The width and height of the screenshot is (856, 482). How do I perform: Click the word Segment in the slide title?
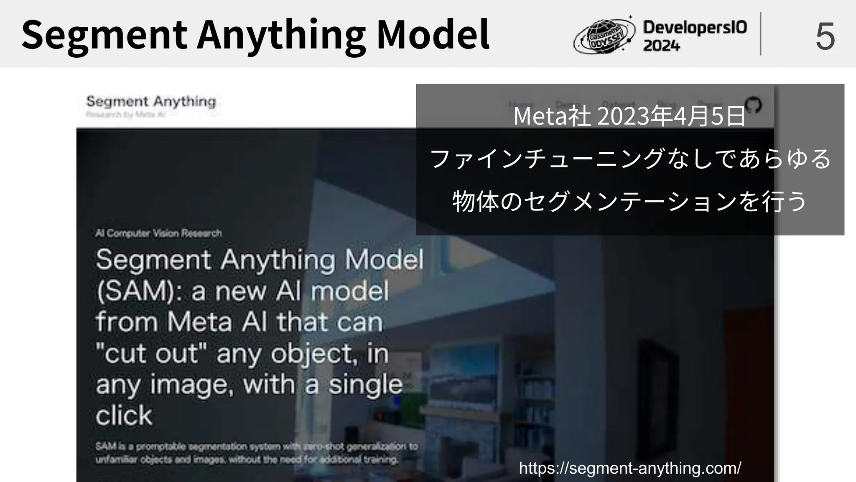coord(104,35)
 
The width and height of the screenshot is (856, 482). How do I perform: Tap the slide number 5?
coord(825,37)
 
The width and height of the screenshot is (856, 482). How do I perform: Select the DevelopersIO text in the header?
coord(695,28)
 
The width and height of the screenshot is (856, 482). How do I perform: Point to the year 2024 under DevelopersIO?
coord(661,46)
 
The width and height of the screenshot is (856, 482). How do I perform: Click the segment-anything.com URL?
coord(630,468)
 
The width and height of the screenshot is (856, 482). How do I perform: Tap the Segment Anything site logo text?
coord(151,101)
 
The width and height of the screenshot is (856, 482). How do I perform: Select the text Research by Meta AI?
coord(126,114)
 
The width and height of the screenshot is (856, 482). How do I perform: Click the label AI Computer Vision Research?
coord(158,233)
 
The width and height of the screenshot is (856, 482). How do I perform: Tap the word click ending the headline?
coord(124,415)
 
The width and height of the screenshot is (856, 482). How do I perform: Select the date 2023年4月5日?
coord(672,116)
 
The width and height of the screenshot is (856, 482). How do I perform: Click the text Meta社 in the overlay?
coord(552,116)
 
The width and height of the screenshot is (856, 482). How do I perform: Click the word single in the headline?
coord(365,385)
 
